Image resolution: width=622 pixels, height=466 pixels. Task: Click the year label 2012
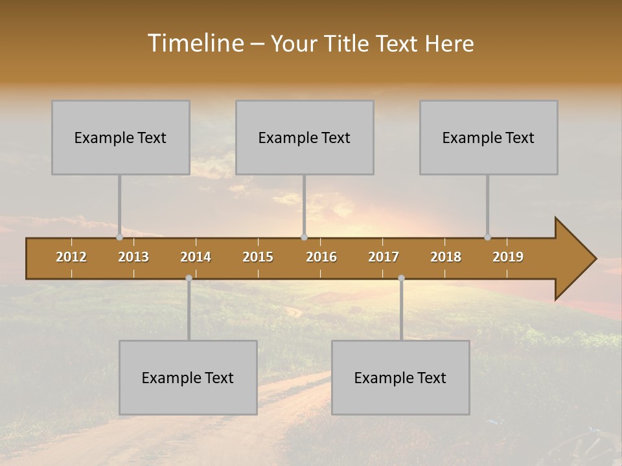[x=71, y=257]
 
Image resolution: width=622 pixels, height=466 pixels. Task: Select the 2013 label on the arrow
[x=133, y=257]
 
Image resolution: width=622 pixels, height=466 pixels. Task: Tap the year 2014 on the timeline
[x=196, y=257]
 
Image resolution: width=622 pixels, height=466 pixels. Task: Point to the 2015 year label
[x=258, y=257]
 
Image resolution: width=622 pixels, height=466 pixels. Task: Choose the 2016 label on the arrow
[x=321, y=257]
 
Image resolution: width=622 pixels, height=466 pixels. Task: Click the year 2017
[x=384, y=257]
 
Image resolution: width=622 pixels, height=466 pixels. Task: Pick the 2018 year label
[x=446, y=257]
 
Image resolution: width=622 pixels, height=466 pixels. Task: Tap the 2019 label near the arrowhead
[x=508, y=257]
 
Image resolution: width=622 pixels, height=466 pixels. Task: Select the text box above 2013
[x=121, y=137]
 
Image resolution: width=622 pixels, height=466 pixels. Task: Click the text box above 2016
[x=305, y=137]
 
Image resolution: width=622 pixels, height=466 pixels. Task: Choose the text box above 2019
[x=489, y=137]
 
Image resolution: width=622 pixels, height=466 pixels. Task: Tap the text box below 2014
[x=188, y=377]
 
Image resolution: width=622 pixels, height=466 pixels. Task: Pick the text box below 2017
[x=400, y=377]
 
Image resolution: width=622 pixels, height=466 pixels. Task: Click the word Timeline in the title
[x=195, y=43]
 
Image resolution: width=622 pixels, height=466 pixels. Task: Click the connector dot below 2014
[x=189, y=278]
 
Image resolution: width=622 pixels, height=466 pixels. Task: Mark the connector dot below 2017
[x=401, y=278]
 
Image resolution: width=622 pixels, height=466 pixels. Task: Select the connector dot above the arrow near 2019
[x=487, y=237]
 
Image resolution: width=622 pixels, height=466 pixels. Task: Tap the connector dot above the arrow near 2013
[x=119, y=237]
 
